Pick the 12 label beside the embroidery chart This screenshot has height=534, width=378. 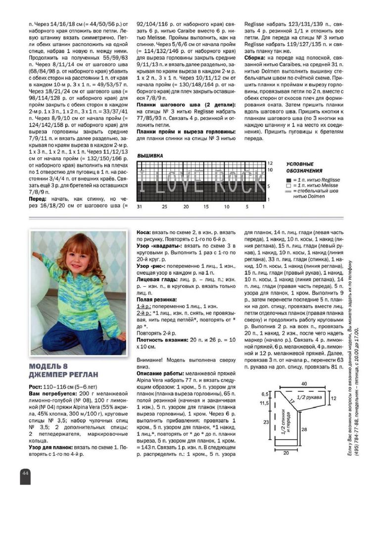270,163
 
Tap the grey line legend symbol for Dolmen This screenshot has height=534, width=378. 289,190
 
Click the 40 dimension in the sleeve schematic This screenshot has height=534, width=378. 303,383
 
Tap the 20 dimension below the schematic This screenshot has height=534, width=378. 285,452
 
